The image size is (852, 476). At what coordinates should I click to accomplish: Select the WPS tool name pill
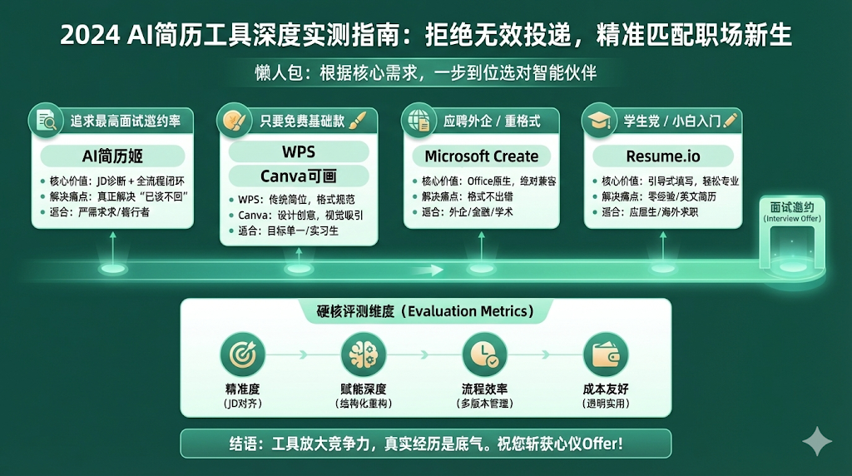pyautogui.click(x=298, y=151)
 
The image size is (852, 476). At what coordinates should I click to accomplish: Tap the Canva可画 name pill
pyautogui.click(x=298, y=176)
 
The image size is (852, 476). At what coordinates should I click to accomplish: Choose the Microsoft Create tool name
pyautogui.click(x=481, y=156)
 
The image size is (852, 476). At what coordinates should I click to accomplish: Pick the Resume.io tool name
pyautogui.click(x=663, y=156)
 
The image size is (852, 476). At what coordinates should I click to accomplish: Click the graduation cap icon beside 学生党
pyautogui.click(x=598, y=121)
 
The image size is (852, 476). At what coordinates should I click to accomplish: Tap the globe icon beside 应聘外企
pyautogui.click(x=418, y=121)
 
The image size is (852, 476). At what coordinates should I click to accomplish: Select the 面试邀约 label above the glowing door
pyautogui.click(x=791, y=206)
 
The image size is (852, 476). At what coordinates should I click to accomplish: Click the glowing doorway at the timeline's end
pyautogui.click(x=791, y=247)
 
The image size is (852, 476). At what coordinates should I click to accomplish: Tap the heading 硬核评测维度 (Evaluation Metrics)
pyautogui.click(x=425, y=311)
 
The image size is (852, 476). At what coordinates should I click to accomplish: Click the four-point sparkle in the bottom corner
pyautogui.click(x=816, y=441)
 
